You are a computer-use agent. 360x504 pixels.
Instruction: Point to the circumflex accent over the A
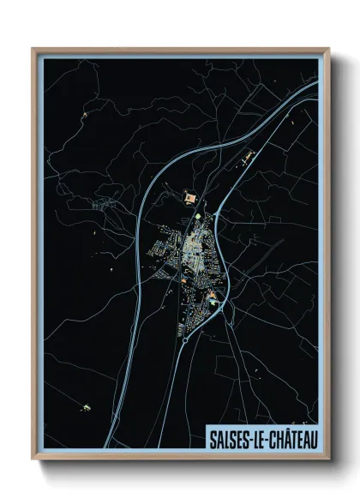tap(285, 432)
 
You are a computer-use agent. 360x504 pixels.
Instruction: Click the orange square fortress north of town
tap(188, 198)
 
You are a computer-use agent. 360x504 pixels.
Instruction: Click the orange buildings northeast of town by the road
tap(250, 154)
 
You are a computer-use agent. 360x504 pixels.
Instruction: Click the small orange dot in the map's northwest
tap(85, 111)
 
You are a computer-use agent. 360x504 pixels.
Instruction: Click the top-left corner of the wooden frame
tap(33, 49)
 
